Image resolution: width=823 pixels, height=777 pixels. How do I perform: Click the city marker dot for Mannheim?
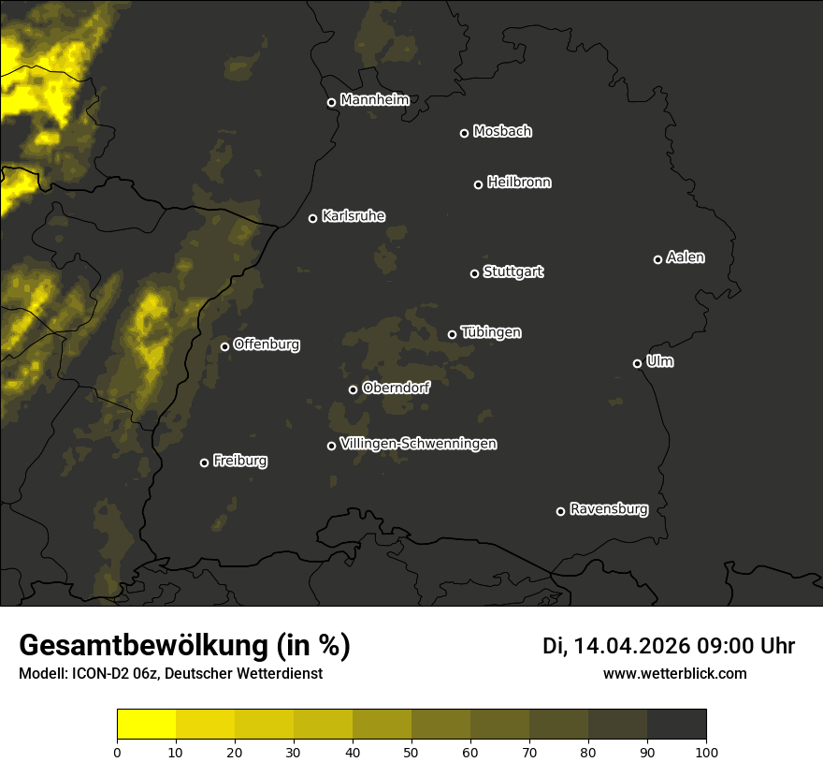pos(331,103)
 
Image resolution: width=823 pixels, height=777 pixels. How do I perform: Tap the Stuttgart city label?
pos(513,272)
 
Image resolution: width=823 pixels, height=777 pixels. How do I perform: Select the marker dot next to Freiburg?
pos(204,462)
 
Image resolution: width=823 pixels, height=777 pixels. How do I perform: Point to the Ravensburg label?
pos(609,510)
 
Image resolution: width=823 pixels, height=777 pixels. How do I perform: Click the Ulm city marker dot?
pos(637,363)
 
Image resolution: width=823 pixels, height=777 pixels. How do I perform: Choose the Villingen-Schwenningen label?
pos(418,444)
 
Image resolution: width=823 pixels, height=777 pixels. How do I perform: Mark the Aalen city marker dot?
pos(657,259)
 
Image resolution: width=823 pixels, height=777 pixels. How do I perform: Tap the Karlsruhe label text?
pos(354,217)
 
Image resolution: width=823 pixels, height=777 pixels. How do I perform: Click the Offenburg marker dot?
pos(224,346)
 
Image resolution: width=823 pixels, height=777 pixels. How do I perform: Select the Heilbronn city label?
pos(519,183)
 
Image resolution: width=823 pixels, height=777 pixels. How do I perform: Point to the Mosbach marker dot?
pos(464,133)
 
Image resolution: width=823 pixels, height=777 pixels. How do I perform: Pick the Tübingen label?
pos(491,332)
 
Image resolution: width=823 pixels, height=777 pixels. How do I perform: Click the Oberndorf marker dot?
pos(353,389)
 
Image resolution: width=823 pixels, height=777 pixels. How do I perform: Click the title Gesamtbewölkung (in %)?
pos(184,645)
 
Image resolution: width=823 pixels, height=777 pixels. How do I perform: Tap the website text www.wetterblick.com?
pos(674,673)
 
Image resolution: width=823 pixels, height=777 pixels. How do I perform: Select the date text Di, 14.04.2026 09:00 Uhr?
pos(669,646)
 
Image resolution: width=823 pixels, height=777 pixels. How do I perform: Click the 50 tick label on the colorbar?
pos(411,751)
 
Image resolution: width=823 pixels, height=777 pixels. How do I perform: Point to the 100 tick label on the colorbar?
pos(706,751)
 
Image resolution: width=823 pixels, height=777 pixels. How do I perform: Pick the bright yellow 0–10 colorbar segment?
pos(146,725)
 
